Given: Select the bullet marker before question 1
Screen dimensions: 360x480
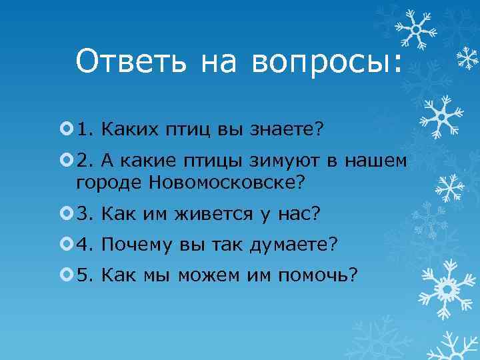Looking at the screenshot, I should pyautogui.click(x=65, y=127).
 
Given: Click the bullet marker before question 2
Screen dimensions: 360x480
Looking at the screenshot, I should pyautogui.click(x=65, y=159).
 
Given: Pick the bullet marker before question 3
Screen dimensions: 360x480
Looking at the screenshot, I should pyautogui.click(x=65, y=213).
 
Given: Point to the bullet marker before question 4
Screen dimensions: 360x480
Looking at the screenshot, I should pyautogui.click(x=65, y=245).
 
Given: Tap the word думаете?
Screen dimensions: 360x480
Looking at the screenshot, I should pyautogui.click(x=294, y=245).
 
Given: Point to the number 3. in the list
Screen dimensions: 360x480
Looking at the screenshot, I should pyautogui.click(x=85, y=213).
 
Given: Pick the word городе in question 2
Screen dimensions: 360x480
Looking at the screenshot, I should pyautogui.click(x=109, y=181).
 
